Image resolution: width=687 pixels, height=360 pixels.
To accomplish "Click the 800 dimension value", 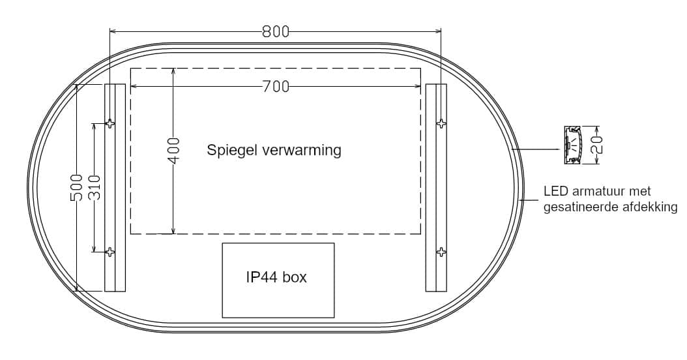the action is [x=276, y=31].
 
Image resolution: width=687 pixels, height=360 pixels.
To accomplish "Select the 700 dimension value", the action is [x=276, y=87].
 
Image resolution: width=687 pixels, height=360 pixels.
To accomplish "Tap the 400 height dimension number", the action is [x=174, y=151].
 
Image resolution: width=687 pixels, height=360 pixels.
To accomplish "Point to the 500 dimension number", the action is [x=77, y=188].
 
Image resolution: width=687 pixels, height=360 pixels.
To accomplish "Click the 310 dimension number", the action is [x=95, y=188].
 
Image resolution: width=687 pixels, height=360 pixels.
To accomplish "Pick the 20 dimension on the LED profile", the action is [x=596, y=145].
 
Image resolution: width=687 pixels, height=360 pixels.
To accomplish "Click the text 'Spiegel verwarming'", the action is [x=274, y=150].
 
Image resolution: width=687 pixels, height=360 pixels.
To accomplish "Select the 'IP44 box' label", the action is [x=276, y=277].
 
